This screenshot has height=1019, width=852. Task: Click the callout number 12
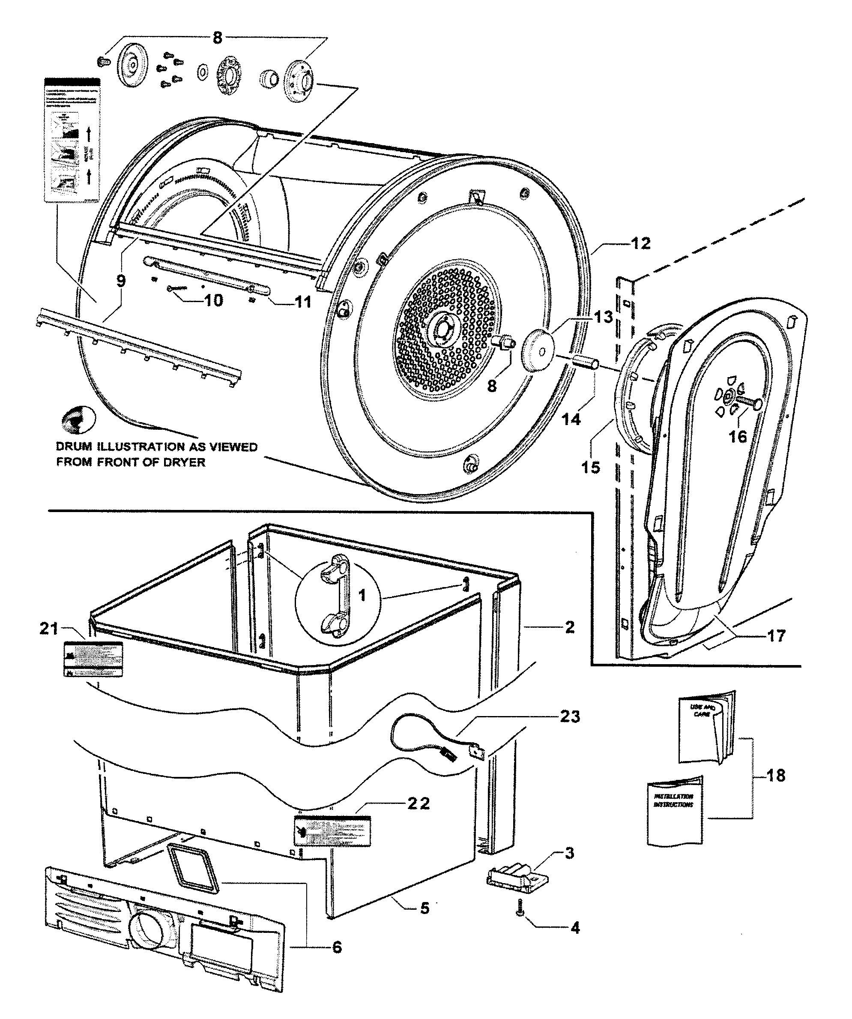click(640, 243)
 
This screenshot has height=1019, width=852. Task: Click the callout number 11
click(303, 302)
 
